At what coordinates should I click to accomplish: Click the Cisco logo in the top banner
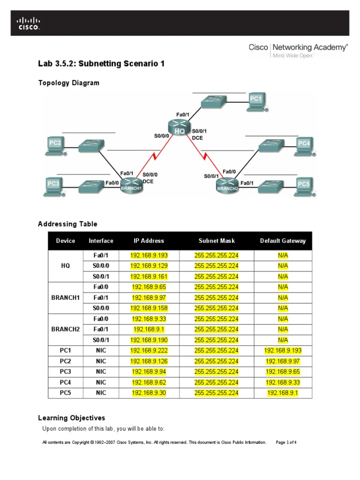pyautogui.click(x=29, y=23)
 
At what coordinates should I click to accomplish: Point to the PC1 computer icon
pyautogui.click(x=256, y=101)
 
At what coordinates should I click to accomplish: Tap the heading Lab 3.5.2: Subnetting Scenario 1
pyautogui.click(x=101, y=64)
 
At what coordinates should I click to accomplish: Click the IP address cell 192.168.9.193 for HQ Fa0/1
pyautogui.click(x=149, y=255)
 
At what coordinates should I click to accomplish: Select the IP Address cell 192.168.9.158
pyautogui.click(x=149, y=308)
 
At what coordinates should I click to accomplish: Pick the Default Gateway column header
pyautogui.click(x=283, y=241)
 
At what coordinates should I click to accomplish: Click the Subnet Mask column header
pyautogui.click(x=216, y=241)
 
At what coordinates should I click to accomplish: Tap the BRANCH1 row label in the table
pyautogui.click(x=65, y=298)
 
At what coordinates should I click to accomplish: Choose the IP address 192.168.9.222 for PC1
pyautogui.click(x=149, y=351)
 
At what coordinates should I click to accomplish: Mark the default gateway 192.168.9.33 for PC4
pyautogui.click(x=283, y=382)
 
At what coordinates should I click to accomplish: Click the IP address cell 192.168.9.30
pyautogui.click(x=149, y=393)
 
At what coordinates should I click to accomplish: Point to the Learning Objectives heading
pyautogui.click(x=71, y=418)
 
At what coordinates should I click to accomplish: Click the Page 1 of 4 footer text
pyautogui.click(x=286, y=442)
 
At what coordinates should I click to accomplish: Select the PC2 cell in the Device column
pyautogui.click(x=65, y=361)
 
